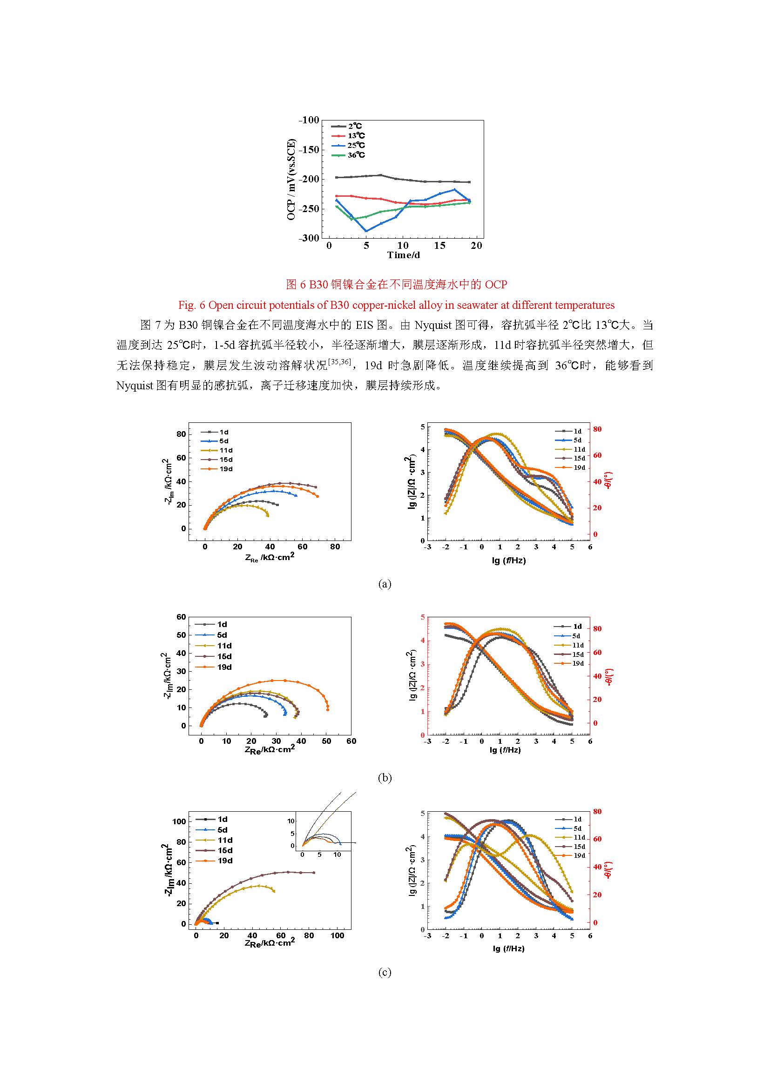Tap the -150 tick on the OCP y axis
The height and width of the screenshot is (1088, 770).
click(x=309, y=150)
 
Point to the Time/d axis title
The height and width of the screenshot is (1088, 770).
click(x=404, y=255)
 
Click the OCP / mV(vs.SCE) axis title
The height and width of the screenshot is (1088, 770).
click(x=290, y=179)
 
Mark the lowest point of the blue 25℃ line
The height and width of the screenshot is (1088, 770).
click(x=366, y=231)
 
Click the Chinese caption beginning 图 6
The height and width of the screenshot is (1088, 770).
click(x=396, y=284)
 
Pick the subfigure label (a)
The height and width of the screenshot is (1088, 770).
click(x=385, y=584)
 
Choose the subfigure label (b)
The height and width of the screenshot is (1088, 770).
click(x=385, y=778)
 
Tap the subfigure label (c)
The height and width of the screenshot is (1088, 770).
click(x=385, y=972)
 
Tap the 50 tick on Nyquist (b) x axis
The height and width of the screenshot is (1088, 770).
click(x=326, y=741)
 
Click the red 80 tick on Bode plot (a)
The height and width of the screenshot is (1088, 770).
click(x=597, y=429)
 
